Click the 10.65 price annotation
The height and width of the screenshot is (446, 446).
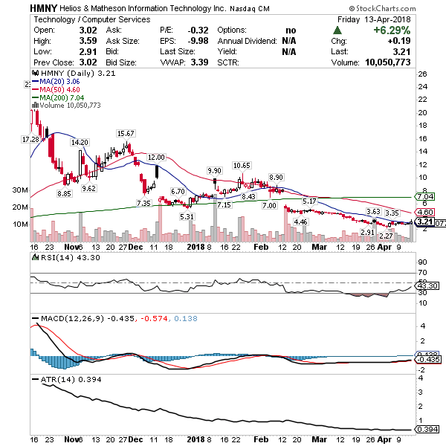(242, 165)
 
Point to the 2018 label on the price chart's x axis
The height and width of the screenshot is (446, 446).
(195, 245)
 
